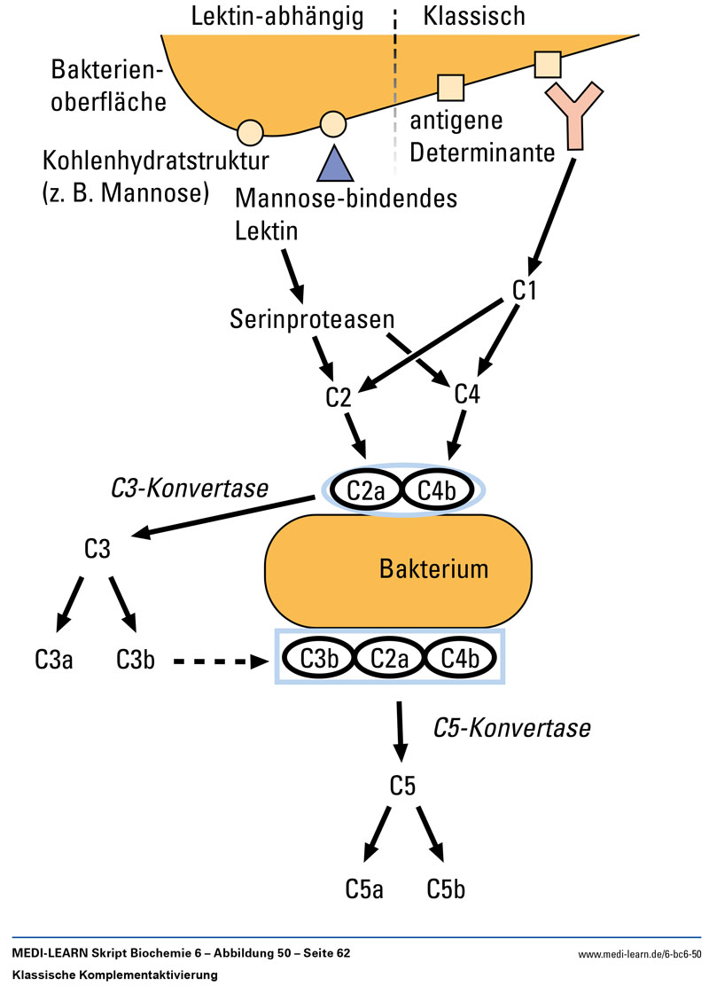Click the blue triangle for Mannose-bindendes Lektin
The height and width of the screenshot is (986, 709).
point(334,163)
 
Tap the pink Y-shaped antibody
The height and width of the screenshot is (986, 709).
point(575,115)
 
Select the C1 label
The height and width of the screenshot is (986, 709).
point(526,291)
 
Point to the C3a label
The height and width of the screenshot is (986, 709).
point(53,661)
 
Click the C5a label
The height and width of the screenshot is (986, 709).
point(364,888)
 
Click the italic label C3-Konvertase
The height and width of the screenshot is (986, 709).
point(190,488)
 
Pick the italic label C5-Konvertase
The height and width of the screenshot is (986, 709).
point(511,728)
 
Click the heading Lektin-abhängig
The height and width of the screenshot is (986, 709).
point(278,16)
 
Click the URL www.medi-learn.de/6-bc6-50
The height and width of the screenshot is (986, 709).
point(639,954)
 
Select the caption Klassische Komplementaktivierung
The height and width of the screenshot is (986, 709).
point(116,974)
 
